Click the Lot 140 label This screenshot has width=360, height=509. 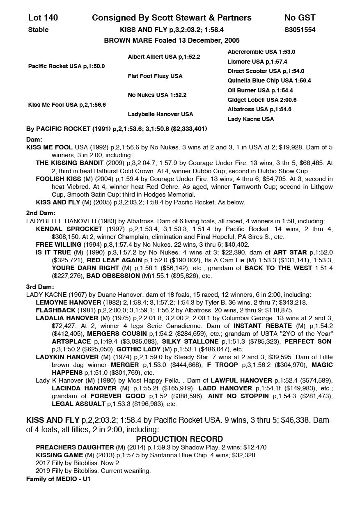coord(43,18)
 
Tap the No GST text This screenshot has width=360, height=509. coord(300,18)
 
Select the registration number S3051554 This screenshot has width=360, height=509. coord(300,30)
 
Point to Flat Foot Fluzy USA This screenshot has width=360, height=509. coord(155,76)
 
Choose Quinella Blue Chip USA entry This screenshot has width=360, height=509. coord(269,81)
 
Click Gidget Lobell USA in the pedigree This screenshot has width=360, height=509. coord(262,100)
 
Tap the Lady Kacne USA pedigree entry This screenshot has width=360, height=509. coord(250,119)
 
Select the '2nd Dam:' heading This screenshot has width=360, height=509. coord(40,213)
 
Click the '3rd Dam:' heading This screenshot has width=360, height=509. coord(40,287)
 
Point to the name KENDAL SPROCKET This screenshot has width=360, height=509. coord(69,229)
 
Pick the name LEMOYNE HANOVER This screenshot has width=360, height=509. coord(68,303)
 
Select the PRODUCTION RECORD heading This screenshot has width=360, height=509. coord(179,439)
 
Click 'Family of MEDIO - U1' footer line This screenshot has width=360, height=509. coord(58,479)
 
